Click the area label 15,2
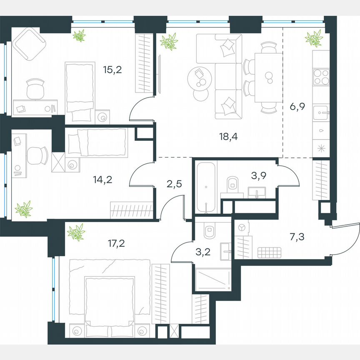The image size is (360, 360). tap(112, 69)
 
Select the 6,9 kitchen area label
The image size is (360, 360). tap(297, 107)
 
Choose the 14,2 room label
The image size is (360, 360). tap(104, 180)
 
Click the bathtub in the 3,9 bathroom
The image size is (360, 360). tap(206, 187)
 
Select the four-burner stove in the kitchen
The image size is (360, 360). tap(321, 76)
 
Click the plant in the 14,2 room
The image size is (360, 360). tap(24, 208)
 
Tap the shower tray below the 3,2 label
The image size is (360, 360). tap(213, 279)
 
